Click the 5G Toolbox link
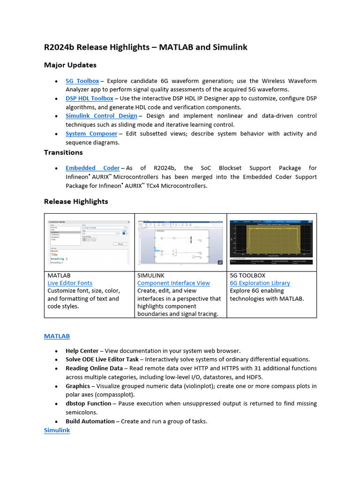pos(82,81)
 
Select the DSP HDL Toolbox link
pos(89,98)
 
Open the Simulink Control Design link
pos(101,116)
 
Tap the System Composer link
pos(91,134)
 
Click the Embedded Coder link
pos(92,168)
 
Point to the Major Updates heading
pos(70,65)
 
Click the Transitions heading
pos(63,152)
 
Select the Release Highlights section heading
pos(76,202)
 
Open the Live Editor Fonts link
pos(70,283)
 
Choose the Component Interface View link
pos(173,283)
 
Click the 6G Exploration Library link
pos(260,283)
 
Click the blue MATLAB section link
pos(57,336)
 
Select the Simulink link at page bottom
pos(57,430)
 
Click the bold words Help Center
pos(82,351)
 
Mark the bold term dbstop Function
pos(89,404)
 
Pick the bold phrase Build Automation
pos(90,421)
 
